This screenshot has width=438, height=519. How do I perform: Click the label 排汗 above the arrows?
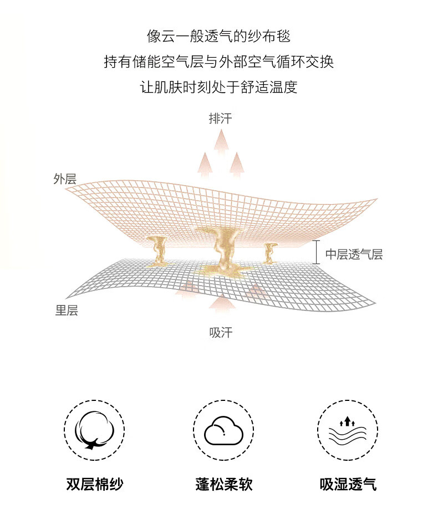tap(220, 119)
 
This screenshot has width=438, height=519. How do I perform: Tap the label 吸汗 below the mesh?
tap(220, 333)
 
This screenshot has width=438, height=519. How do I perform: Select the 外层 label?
tap(65, 179)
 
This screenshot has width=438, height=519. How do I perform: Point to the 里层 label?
tap(66, 311)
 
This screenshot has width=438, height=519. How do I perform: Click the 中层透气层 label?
tap(354, 255)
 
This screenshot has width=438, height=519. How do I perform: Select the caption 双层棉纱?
tap(94, 484)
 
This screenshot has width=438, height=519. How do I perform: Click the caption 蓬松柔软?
tap(224, 484)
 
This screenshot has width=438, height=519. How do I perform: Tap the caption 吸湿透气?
tap(348, 484)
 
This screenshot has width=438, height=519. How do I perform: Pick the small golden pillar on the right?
tap(270, 253)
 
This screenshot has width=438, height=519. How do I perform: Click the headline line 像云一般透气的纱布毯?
tap(218, 37)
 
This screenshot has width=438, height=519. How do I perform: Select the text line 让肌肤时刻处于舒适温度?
tap(218, 88)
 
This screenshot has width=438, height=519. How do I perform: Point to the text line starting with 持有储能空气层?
tap(218, 62)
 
